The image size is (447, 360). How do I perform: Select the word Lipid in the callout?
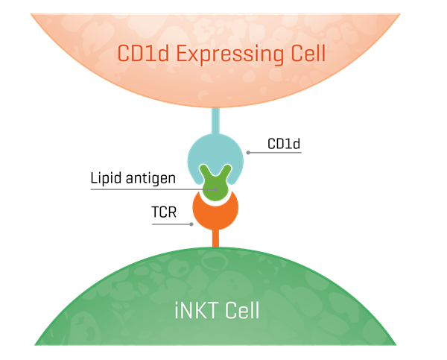coord(106,178)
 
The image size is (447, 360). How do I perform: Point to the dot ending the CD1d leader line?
coord(247,153)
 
